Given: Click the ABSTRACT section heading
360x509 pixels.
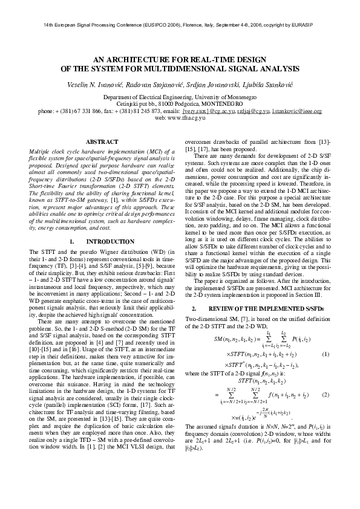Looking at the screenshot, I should coord(103,141).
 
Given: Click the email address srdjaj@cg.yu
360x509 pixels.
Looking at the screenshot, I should coord(254,112).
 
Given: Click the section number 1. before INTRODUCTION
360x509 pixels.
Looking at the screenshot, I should coord(72,241).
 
